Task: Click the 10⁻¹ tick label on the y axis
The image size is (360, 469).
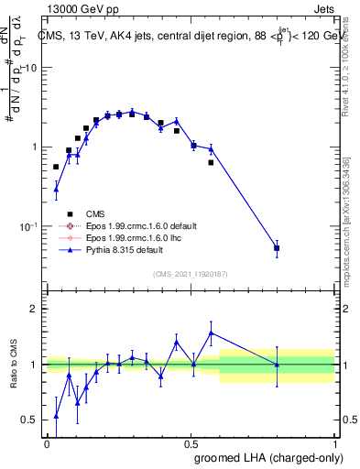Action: [27, 226]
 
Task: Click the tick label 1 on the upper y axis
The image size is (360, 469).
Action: [34, 147]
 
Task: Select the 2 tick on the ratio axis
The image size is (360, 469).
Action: [34, 310]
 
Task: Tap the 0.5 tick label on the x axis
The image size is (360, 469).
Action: [191, 443]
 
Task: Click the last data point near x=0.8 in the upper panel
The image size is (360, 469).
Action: [277, 247]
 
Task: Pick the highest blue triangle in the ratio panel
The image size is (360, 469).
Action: [212, 333]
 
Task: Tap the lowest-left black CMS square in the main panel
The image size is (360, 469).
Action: [56, 167]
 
